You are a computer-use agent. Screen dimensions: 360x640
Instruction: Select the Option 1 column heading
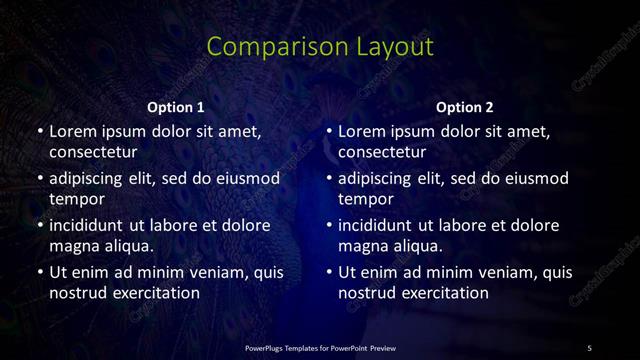click(x=176, y=107)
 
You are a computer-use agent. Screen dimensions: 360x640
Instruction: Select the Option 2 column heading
click(x=465, y=107)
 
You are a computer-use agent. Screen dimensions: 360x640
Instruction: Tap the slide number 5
click(x=589, y=347)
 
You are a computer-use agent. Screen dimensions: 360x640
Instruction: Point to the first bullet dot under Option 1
click(x=39, y=131)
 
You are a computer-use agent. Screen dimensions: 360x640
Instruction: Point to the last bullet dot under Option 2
click(x=328, y=272)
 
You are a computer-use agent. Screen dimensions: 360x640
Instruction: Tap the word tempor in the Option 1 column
click(x=74, y=199)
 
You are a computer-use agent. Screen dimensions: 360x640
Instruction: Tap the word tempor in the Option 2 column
click(x=364, y=199)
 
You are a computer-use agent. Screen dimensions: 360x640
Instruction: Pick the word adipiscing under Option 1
click(x=93, y=178)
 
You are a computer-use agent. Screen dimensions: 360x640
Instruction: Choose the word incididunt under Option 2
click(x=383, y=225)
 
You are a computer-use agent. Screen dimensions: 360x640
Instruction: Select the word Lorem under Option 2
click(x=362, y=131)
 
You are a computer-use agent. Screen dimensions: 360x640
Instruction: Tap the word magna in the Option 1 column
click(x=73, y=246)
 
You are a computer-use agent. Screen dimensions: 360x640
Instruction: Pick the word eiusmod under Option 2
click(x=534, y=178)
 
